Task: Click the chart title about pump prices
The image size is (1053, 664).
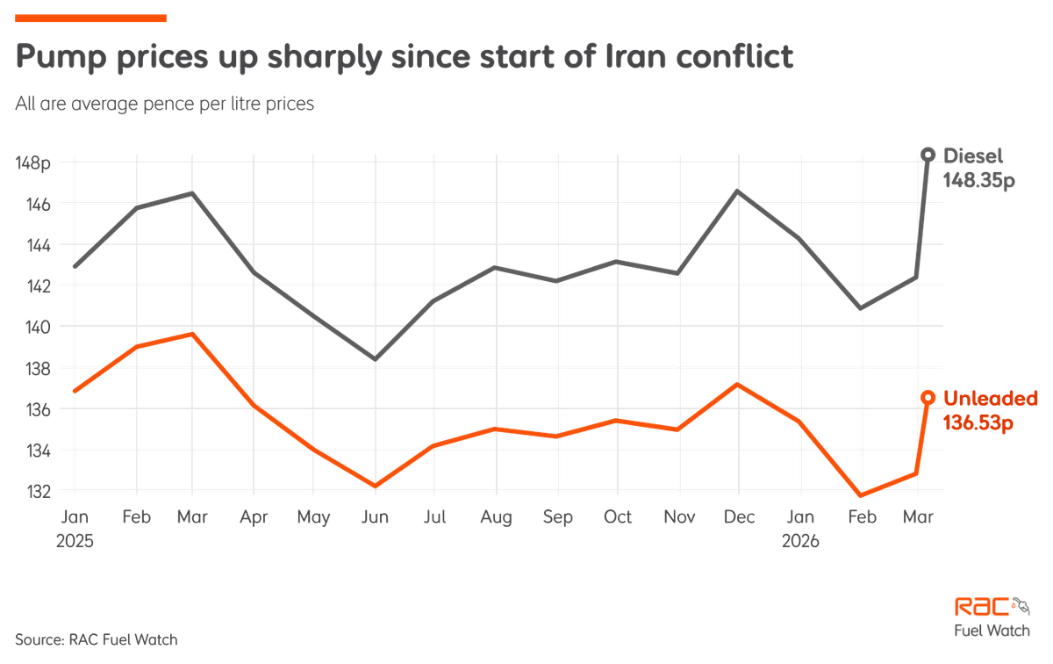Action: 404,58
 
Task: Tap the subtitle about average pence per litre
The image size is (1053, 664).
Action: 164,103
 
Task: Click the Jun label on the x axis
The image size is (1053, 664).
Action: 376,518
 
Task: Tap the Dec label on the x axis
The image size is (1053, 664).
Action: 739,518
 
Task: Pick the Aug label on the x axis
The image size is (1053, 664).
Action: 497,518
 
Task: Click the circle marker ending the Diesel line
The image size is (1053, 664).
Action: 928,155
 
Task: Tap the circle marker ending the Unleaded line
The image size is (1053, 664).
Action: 928,398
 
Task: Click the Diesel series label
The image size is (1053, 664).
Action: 973,155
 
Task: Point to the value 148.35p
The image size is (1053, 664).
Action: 978,179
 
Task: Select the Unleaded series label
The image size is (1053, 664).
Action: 991,398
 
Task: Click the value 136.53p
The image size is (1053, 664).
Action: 978,422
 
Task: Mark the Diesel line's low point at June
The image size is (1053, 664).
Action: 376,360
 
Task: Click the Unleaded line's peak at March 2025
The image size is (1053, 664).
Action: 192,333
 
